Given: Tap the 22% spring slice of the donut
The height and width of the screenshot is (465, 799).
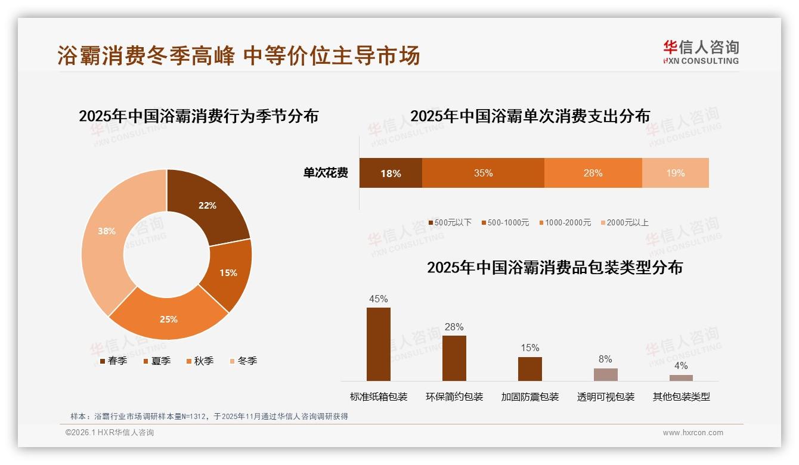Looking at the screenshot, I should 208,206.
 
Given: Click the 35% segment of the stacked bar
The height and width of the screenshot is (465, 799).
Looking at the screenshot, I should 483,173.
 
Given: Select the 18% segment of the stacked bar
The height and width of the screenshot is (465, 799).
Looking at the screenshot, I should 391,173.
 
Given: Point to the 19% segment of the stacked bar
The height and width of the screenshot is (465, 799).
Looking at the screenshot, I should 675,173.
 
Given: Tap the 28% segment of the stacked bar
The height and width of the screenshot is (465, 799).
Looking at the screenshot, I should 593,173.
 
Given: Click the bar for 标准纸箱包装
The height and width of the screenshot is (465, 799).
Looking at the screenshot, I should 378,344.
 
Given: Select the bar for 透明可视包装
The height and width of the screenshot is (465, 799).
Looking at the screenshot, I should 605,374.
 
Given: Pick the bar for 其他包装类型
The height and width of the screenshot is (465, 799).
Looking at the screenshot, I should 681,377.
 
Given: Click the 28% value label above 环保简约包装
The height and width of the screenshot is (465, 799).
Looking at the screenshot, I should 454,327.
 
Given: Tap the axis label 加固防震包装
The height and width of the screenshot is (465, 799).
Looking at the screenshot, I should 529,397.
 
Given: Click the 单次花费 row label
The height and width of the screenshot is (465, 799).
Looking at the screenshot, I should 326,173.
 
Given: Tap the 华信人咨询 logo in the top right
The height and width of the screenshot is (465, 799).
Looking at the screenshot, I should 701,52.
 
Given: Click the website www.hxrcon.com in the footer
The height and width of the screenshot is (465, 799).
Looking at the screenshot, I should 693,433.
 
